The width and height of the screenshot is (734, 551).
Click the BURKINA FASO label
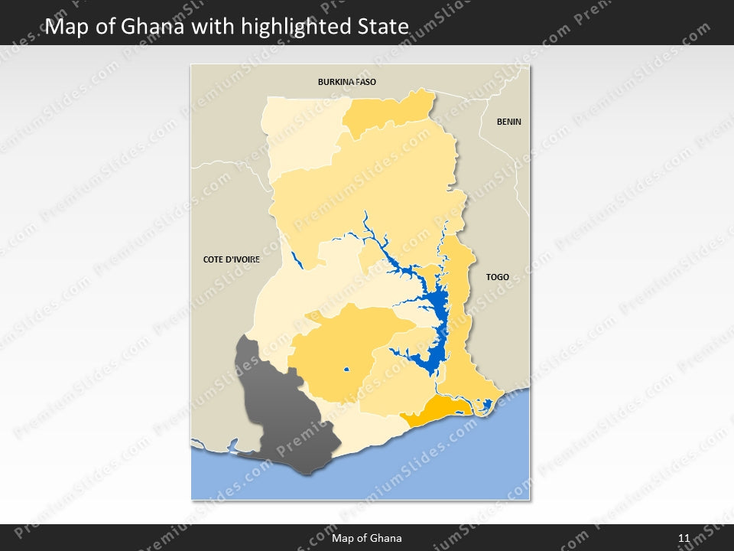(347, 81)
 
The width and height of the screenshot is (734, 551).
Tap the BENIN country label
(508, 122)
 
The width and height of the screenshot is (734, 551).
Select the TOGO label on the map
(497, 277)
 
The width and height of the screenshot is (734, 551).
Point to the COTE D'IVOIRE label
(231, 259)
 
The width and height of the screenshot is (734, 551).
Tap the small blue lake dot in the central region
(346, 370)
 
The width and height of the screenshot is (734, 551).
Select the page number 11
(684, 538)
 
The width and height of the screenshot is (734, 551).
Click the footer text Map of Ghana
(366, 538)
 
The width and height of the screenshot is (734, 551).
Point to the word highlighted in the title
(286, 28)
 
